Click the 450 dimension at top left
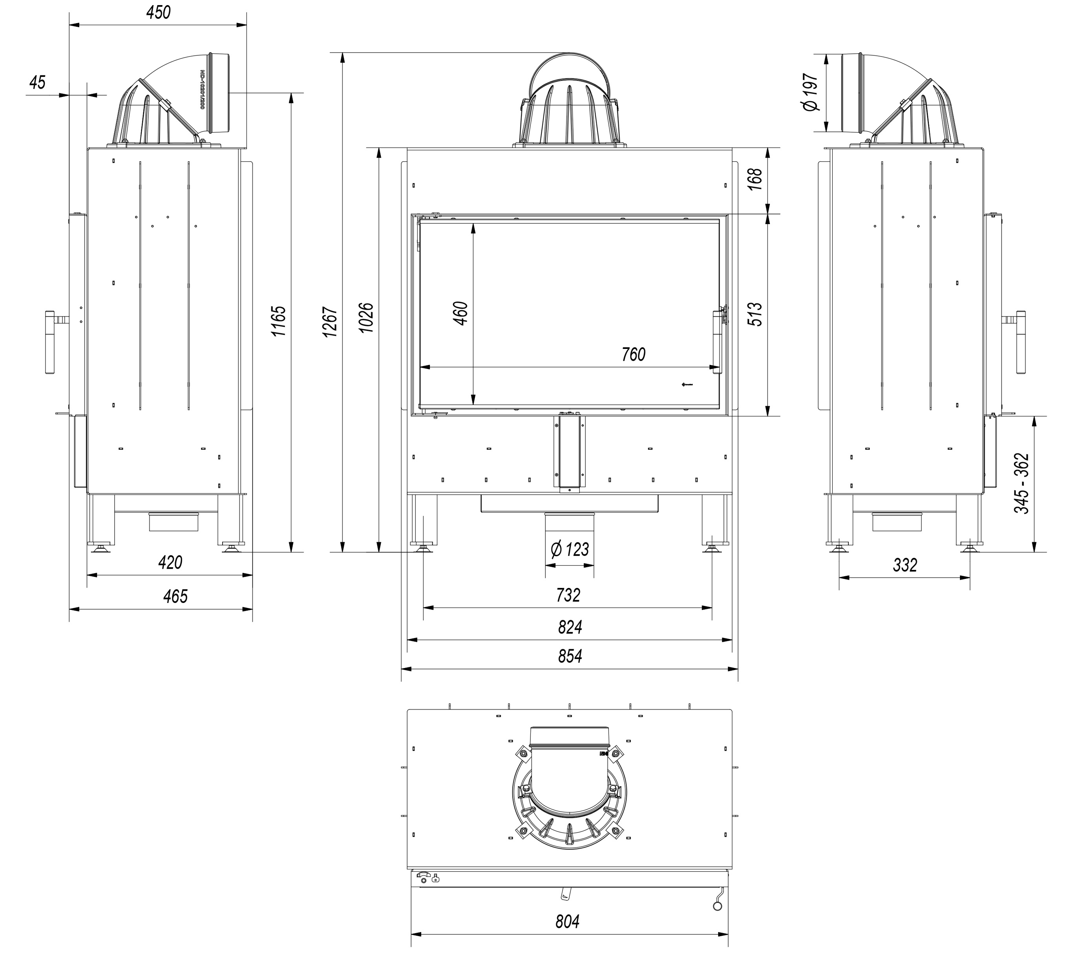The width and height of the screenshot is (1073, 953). [x=159, y=13]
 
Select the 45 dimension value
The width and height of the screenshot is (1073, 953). [x=37, y=82]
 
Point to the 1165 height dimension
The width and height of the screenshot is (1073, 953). [x=278, y=321]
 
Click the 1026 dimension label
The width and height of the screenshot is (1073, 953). [x=366, y=318]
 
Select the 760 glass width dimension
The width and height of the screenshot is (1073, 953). [x=633, y=355]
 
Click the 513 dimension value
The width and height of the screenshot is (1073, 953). [x=755, y=314]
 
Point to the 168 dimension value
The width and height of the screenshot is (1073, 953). [x=755, y=179]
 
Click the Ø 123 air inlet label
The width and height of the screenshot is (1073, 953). [x=570, y=550]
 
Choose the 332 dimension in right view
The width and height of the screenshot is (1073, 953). [x=905, y=565]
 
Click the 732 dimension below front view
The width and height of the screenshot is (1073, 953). [x=568, y=595]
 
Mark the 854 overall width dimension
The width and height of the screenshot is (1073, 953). [x=570, y=656]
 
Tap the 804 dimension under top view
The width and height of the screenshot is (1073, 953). [x=567, y=922]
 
